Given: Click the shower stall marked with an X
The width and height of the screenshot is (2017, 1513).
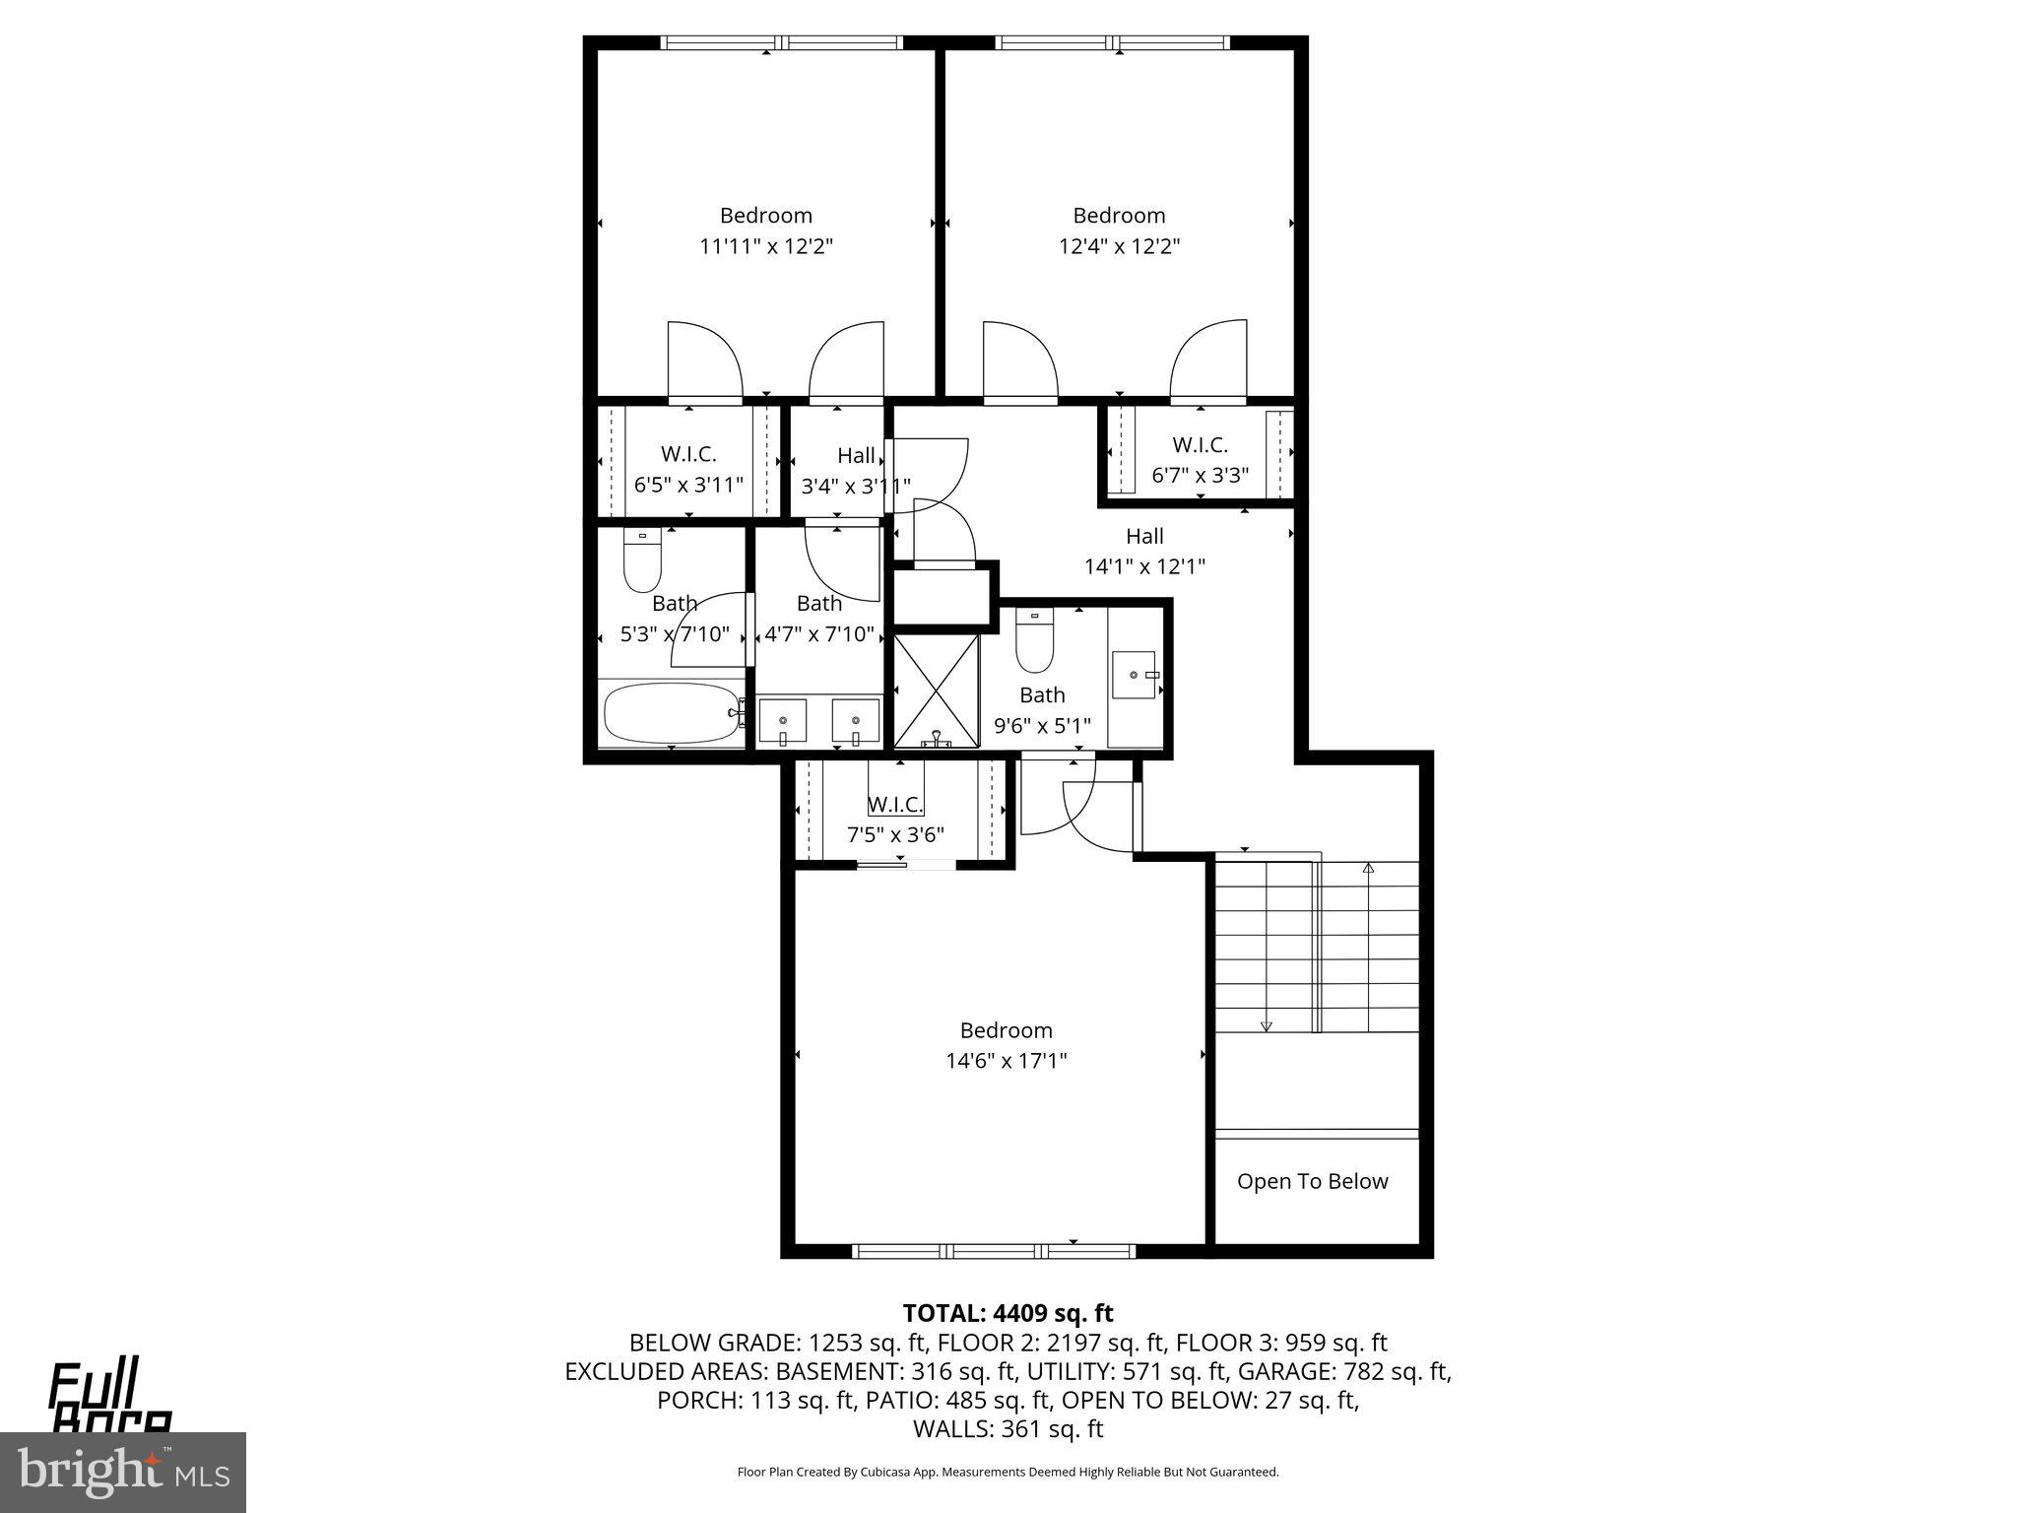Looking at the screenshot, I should point(936,690).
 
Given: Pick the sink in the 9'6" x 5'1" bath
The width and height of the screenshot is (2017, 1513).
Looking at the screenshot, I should point(1134,675).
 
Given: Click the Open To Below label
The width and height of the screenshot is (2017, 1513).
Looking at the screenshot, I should point(1312,1181).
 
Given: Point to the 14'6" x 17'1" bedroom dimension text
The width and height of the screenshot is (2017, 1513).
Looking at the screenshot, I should point(1006,1061).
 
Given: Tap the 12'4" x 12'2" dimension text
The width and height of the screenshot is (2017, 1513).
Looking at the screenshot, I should point(1119,246).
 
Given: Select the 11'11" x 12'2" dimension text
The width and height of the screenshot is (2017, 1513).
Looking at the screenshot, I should point(766,246).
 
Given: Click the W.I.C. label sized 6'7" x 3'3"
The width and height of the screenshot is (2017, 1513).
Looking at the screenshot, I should point(1200,444).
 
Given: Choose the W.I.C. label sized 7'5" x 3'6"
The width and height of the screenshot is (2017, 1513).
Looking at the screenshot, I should point(895,805).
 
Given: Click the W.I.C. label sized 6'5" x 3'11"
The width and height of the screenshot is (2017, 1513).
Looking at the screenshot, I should point(687,454).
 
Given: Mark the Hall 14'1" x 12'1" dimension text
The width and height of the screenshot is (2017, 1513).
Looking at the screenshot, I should point(1144,566).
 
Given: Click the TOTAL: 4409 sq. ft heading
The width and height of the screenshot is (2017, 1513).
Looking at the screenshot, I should point(1008,1313).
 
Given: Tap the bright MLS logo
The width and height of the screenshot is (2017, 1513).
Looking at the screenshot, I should point(123,1472).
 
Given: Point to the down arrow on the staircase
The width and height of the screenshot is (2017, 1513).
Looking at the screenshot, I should point(1267,1025).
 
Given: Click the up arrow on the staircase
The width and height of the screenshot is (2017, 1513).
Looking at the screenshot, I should point(1368,869).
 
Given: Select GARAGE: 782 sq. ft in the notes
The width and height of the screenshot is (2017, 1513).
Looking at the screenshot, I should point(1343,1371).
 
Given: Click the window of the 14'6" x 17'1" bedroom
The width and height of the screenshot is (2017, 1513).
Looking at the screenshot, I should point(993,1251).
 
